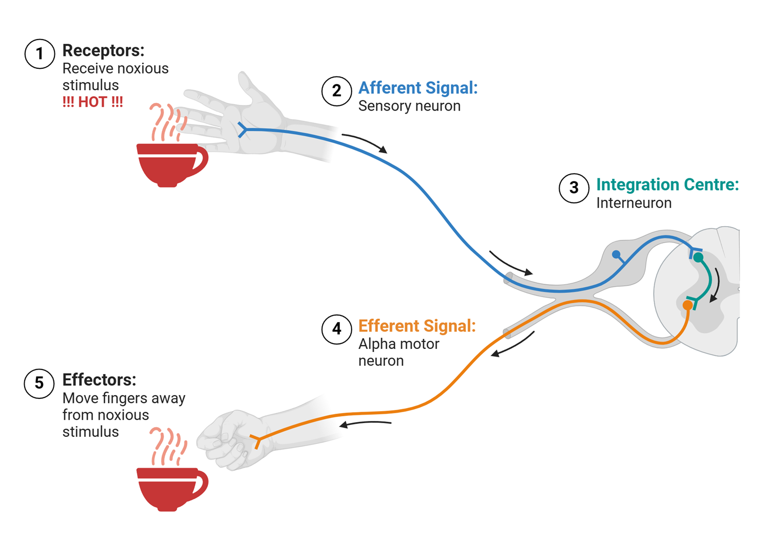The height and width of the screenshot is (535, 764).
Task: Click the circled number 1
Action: click(40, 54)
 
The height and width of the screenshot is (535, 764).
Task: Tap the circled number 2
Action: click(336, 91)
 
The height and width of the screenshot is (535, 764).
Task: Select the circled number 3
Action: click(574, 188)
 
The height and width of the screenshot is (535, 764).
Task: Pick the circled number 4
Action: click(336, 329)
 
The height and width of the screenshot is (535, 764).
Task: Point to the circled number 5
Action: click(39, 383)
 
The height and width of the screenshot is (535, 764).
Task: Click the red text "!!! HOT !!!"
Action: click(93, 102)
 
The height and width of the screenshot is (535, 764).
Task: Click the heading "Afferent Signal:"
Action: click(417, 88)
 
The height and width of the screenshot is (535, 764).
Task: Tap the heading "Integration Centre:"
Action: click(667, 185)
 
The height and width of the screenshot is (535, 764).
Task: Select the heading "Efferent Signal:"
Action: click(416, 326)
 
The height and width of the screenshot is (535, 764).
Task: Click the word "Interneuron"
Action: click(634, 203)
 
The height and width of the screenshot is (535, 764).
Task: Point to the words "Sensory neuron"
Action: click(409, 106)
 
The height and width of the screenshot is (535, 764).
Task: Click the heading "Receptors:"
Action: click(103, 50)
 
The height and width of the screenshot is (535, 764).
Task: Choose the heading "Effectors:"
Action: click(99, 380)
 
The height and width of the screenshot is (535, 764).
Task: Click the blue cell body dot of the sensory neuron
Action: click(616, 254)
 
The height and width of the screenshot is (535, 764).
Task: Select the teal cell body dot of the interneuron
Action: click(698, 258)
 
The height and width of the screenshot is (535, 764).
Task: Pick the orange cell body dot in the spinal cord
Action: click(687, 305)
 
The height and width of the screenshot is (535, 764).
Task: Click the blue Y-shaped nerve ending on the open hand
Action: click(242, 130)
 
